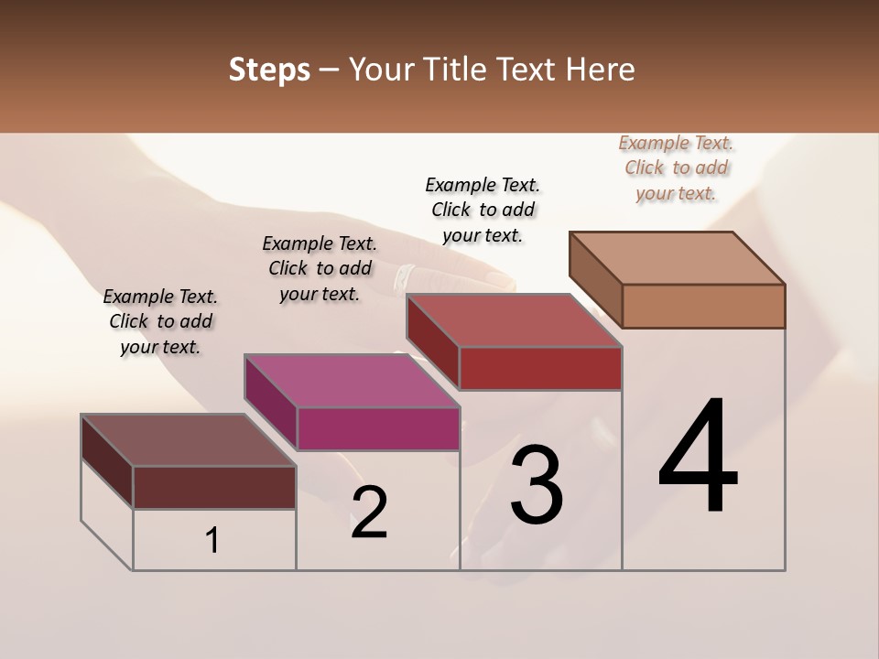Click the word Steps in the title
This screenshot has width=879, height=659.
pyautogui.click(x=269, y=70)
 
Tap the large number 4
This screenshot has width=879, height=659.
pyautogui.click(x=698, y=457)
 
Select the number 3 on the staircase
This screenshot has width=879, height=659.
pyautogui.click(x=536, y=485)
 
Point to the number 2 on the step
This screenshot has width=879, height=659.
pyautogui.click(x=369, y=512)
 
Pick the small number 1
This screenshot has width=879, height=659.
pyautogui.click(x=212, y=540)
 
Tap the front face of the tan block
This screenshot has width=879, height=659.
pyautogui.click(x=703, y=306)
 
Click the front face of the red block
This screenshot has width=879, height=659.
pyautogui.click(x=540, y=368)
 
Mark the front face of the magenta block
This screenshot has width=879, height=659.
pyautogui.click(x=378, y=428)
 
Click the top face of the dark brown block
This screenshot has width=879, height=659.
pyautogui.click(x=189, y=440)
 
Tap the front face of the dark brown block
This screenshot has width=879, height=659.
pyautogui.click(x=214, y=487)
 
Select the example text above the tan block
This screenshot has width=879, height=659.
pyautogui.click(x=676, y=167)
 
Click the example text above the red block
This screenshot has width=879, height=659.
pyautogui.click(x=483, y=210)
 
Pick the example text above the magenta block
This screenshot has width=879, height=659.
pyautogui.click(x=320, y=268)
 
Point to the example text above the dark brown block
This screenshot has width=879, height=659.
pyautogui.click(x=160, y=321)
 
